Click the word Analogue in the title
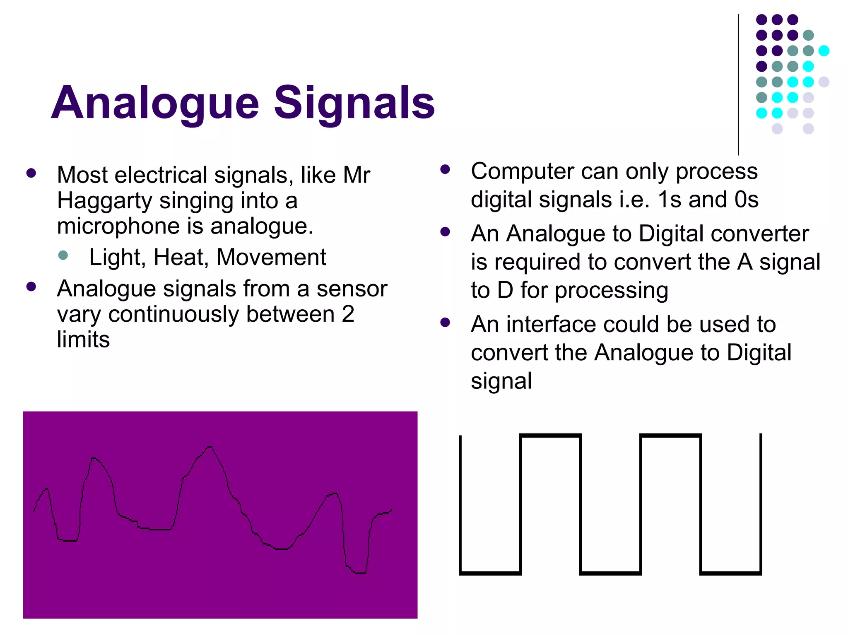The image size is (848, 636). [155, 103]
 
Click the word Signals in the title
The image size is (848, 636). [354, 103]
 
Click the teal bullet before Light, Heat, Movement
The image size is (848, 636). [63, 255]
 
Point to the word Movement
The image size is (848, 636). [271, 258]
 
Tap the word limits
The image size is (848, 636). [83, 340]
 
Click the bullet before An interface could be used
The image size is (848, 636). [445, 323]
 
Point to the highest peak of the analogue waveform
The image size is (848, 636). [210, 447]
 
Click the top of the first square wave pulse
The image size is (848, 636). [550, 436]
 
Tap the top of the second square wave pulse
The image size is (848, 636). [670, 436]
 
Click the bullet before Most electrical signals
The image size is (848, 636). [31, 173]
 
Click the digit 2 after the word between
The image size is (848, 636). [348, 314]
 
